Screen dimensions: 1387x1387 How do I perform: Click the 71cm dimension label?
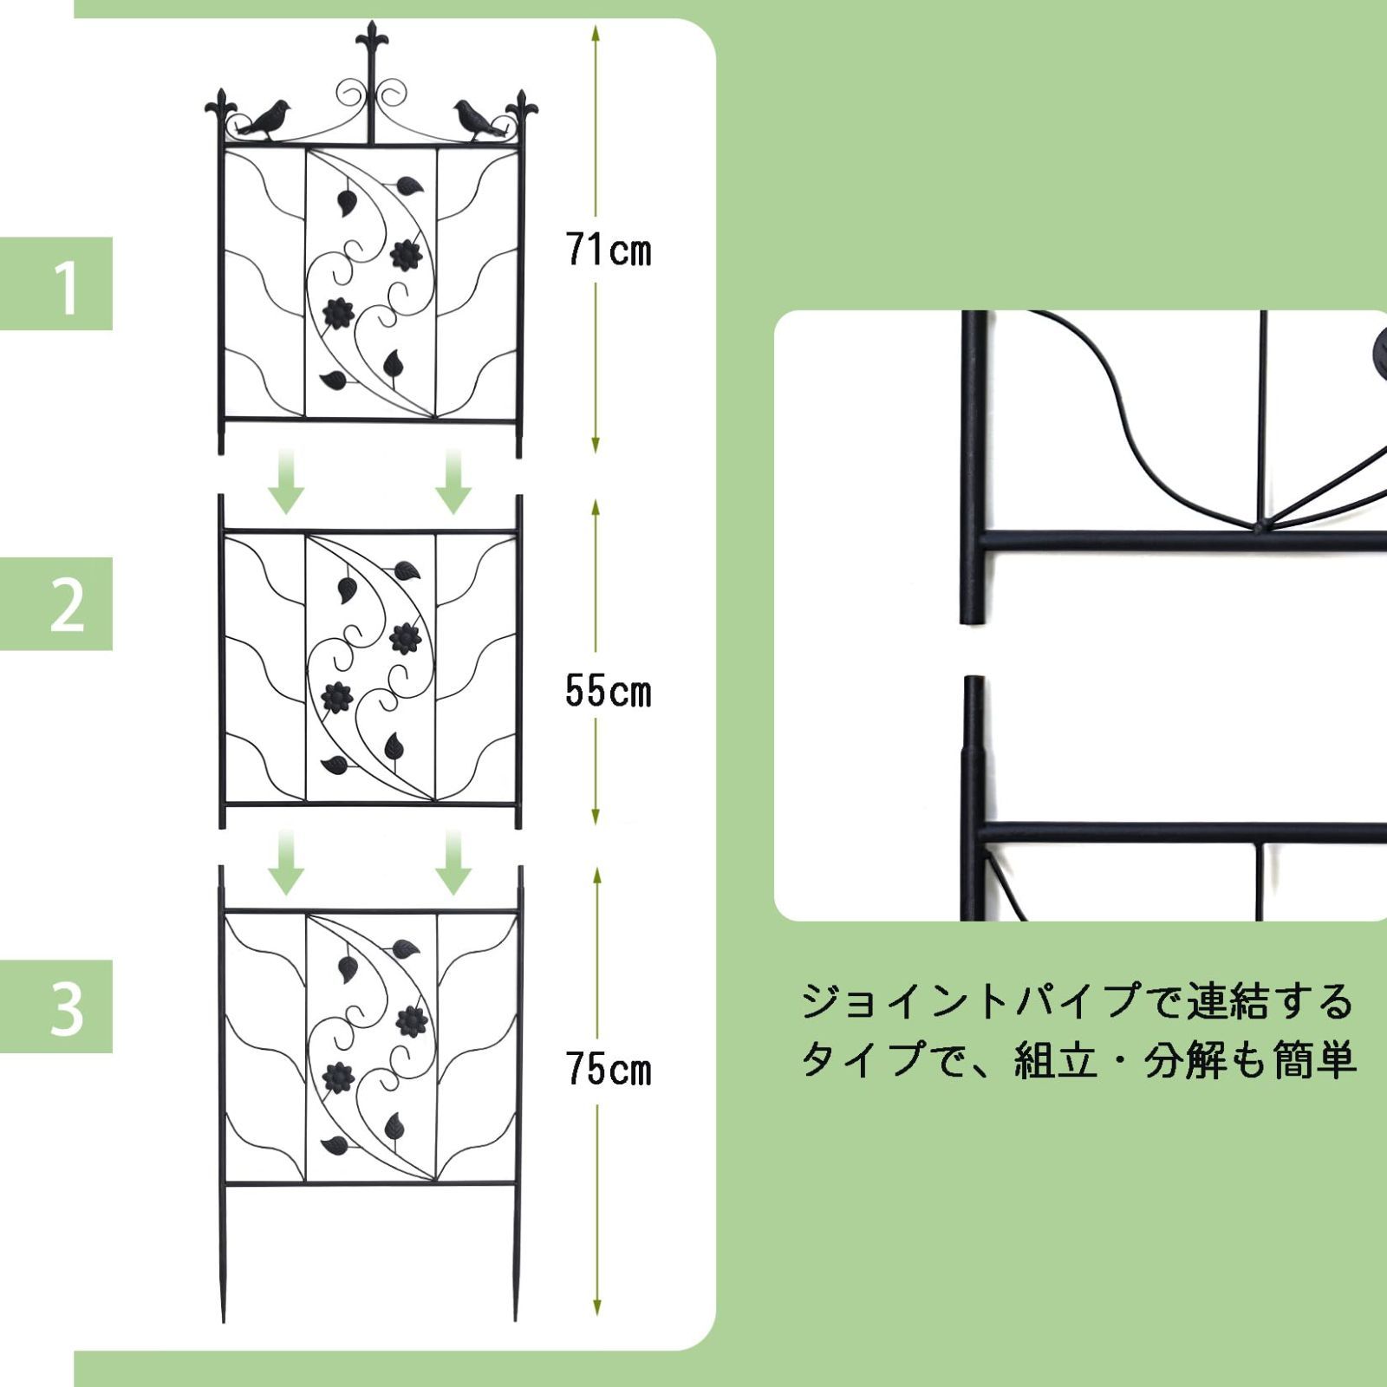coord(609,251)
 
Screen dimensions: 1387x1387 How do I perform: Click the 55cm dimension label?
coord(609,692)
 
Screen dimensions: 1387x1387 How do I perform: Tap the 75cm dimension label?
coord(609,1069)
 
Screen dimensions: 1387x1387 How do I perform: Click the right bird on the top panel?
coord(478,120)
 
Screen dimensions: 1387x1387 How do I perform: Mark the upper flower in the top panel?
coord(406,255)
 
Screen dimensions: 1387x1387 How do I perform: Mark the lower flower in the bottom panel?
coord(338,1079)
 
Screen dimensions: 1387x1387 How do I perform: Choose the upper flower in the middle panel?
coord(405,639)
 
